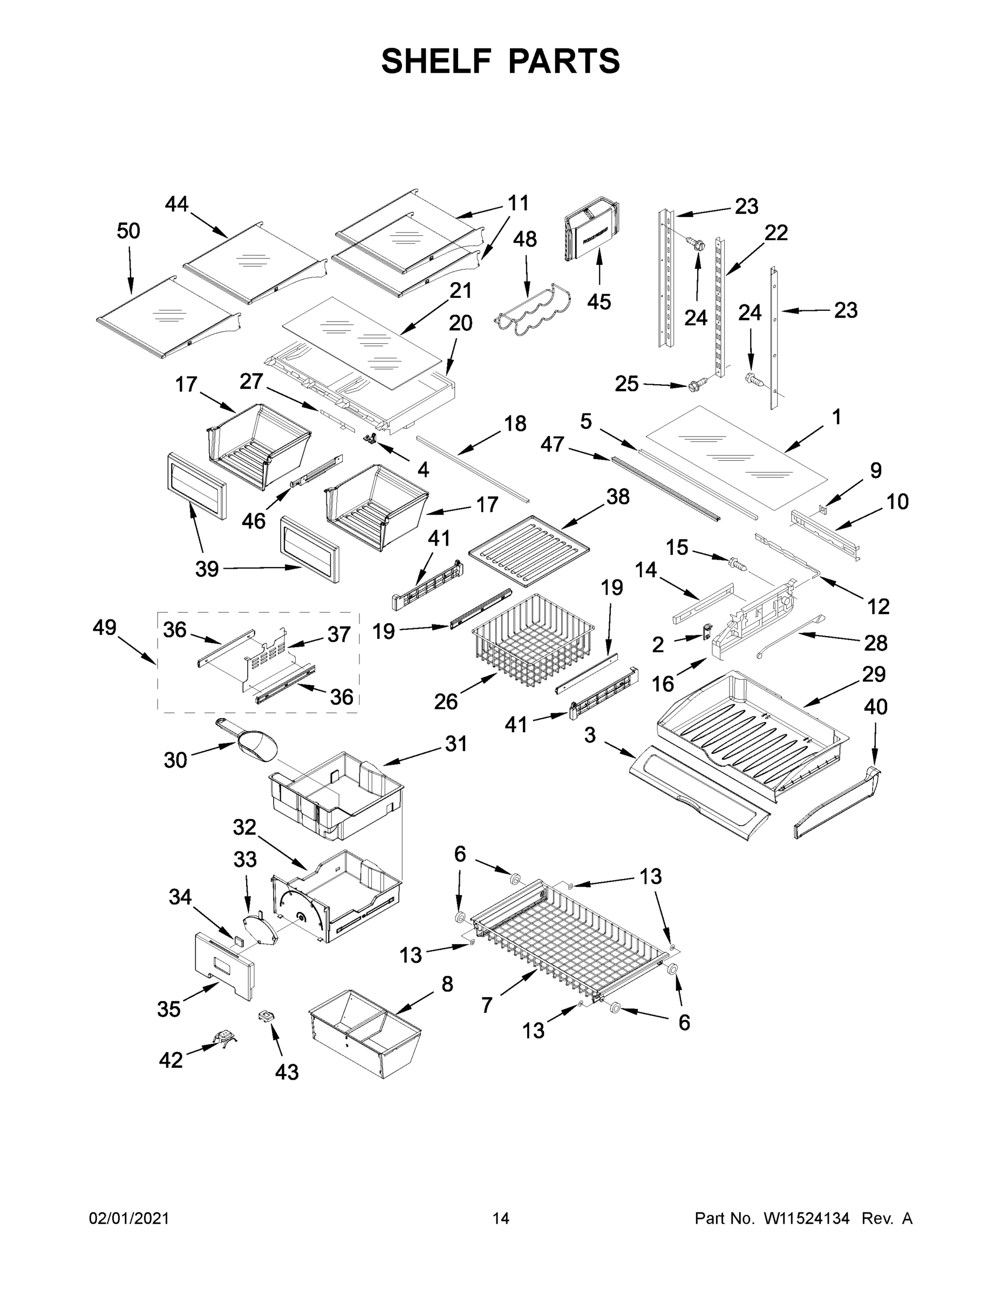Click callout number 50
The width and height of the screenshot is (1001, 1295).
pos(128,230)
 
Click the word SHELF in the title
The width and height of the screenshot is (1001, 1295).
pos(436,61)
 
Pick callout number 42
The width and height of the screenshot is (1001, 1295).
pos(171,1060)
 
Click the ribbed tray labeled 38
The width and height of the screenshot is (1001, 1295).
pos(529,550)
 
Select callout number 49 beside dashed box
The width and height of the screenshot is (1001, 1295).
pos(104,628)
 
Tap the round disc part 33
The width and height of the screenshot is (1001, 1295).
pos(260,930)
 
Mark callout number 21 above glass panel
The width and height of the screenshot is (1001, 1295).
pos(460,290)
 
